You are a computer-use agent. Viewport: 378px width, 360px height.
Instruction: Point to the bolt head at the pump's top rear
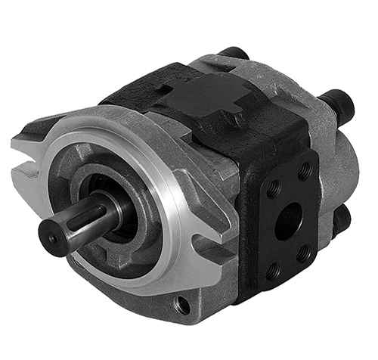coord(234,54)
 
